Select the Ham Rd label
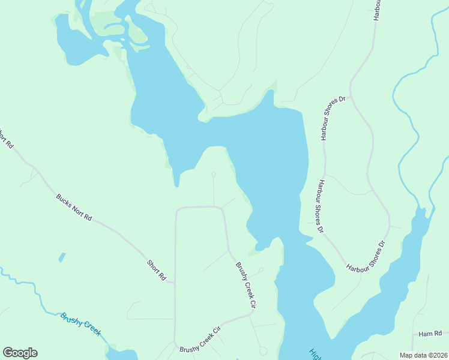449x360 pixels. (430, 334)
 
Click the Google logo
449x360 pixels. (20, 353)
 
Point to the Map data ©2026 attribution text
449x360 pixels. (423, 355)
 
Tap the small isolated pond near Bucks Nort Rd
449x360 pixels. (62, 257)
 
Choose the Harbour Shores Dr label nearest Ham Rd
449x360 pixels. (366, 256)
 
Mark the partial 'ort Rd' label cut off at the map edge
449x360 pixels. (6, 137)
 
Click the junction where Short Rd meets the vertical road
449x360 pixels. (175, 283)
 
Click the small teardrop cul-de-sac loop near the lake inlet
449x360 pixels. (214, 175)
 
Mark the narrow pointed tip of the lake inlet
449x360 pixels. (176, 185)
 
